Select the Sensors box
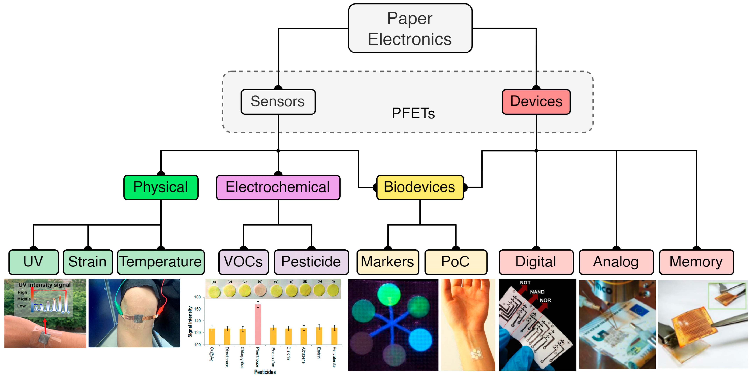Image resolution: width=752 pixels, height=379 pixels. tap(278, 102)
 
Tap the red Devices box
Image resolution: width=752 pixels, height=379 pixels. tap(536, 102)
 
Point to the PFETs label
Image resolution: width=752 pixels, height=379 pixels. tap(413, 113)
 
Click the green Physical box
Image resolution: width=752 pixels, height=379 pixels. tap(161, 187)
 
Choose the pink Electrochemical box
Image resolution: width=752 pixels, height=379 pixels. tap(278, 187)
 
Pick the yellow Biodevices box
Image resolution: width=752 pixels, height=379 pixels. tap(420, 187)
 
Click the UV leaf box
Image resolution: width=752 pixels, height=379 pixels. tap(34, 262)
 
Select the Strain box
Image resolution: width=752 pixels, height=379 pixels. tap(88, 262)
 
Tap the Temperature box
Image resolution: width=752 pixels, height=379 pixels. tap(161, 262)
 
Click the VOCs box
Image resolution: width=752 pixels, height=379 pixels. tap(243, 262)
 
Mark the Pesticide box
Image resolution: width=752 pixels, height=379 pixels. tap(311, 262)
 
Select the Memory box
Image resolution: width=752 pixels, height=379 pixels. tap(696, 262)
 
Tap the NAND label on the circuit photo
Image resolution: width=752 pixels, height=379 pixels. tap(537, 292)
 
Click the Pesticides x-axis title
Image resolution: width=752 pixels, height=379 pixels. tap(265, 372)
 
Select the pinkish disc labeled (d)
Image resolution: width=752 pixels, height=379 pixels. tap(260, 290)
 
